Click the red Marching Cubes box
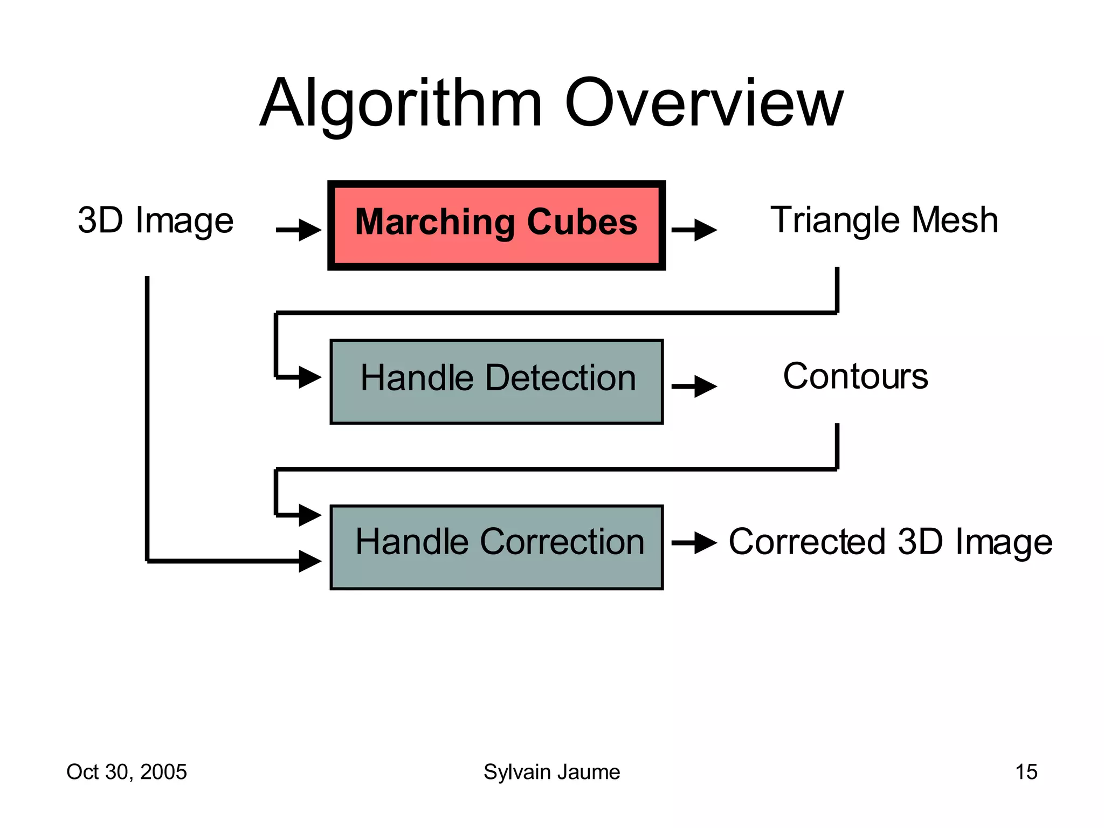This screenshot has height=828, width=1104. click(496, 225)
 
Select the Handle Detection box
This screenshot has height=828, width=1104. click(496, 382)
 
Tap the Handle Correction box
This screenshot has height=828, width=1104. click(496, 547)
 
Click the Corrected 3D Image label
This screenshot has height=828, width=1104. click(891, 542)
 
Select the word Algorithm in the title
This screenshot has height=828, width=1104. click(401, 103)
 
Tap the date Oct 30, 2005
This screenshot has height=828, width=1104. click(127, 772)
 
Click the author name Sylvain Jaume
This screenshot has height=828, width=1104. click(551, 772)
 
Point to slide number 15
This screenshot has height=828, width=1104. click(1026, 772)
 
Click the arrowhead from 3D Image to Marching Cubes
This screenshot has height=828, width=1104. click(310, 230)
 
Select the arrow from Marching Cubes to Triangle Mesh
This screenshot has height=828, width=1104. click(694, 230)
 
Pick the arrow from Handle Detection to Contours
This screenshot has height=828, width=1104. click(694, 387)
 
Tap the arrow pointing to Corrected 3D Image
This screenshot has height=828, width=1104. click(694, 543)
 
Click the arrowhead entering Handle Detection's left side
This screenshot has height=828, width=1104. click(310, 377)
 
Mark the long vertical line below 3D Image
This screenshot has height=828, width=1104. click(147, 420)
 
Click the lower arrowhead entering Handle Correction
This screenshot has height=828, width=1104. click(310, 561)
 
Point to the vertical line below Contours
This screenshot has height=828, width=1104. click(837, 446)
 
